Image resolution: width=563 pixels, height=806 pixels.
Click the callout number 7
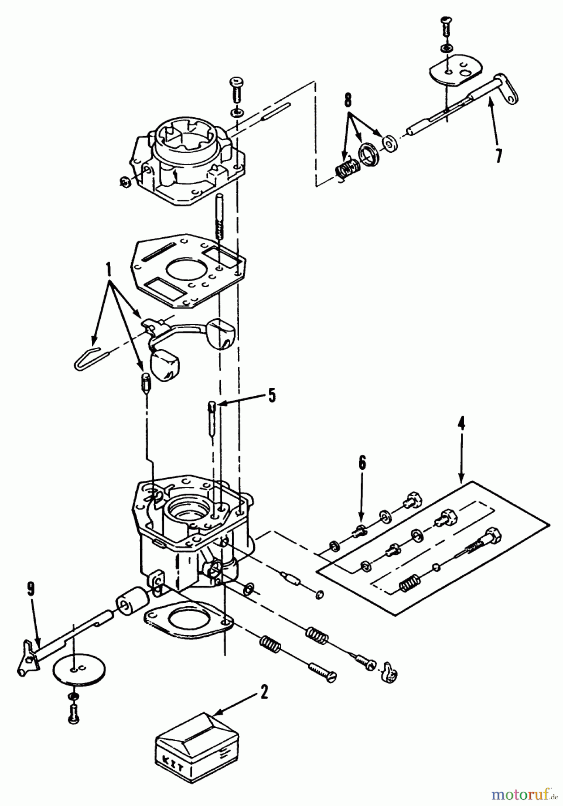[x=499, y=155]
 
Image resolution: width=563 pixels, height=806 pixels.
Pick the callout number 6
[x=362, y=463]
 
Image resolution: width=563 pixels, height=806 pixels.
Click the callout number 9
[x=30, y=590]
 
